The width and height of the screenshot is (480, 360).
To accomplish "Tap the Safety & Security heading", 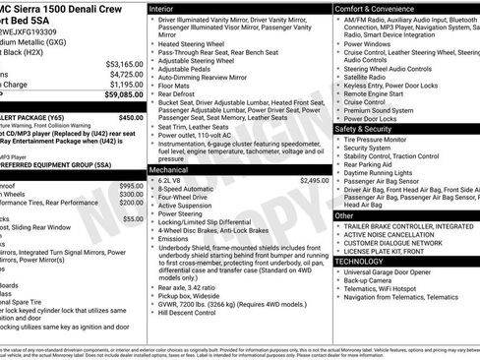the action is click(362, 129).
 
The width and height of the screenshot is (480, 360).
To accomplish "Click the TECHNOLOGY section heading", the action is click(360, 262).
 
